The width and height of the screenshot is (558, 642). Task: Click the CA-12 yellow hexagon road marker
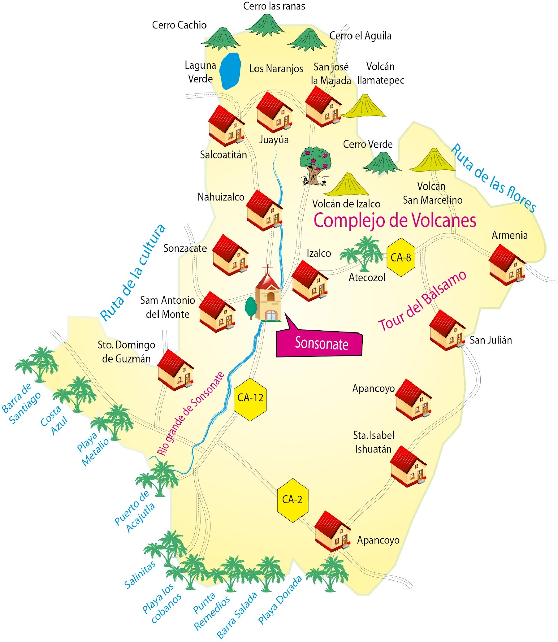point(250,398)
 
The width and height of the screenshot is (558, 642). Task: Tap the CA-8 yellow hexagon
point(401,257)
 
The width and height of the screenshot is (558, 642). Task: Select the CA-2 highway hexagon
point(292,500)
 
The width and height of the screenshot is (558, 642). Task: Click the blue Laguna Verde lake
point(230,71)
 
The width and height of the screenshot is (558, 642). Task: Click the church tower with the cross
point(268,294)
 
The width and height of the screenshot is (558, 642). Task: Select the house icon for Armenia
point(507,265)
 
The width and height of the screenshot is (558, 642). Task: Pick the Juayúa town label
point(274,140)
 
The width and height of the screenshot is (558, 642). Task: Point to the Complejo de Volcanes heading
point(395,220)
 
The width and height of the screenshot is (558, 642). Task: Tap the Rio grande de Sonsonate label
point(191,414)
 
